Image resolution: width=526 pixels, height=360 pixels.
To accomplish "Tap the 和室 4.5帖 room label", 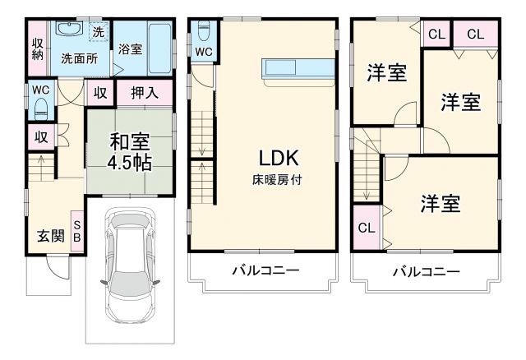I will [x=131, y=150].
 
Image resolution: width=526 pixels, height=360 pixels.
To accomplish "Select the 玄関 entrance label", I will [x=50, y=237].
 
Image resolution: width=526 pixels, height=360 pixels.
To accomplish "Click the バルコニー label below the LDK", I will [x=264, y=270].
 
